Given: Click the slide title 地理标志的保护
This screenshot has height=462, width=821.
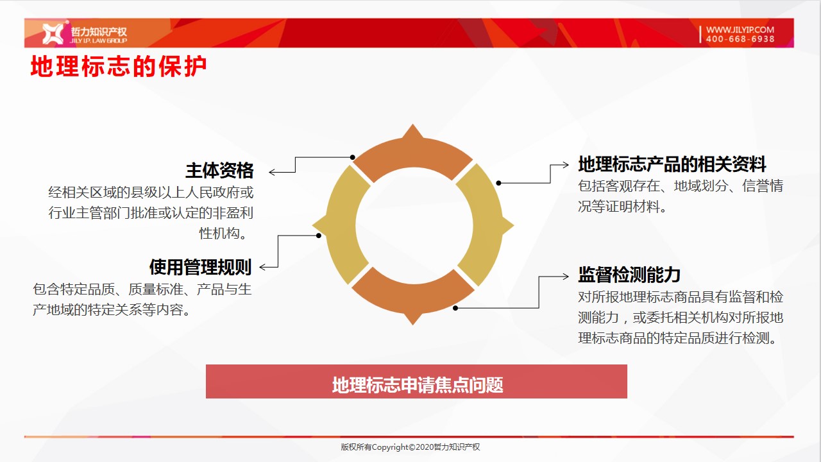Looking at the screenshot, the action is coord(119,66).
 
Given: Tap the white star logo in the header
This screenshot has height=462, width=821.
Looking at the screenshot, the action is coord(53,33).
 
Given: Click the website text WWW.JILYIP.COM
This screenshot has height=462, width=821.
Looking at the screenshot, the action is coord(740,30).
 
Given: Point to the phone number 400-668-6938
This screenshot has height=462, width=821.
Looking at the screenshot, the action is coord(740,39).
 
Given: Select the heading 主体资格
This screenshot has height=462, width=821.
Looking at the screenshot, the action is coord(219,171).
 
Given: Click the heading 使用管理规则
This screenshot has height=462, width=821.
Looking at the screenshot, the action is coord(200,267).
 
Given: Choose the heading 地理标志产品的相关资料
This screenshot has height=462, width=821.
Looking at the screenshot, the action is coord(672,164).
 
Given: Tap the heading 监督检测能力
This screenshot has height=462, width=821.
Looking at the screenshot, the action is coord(629,275).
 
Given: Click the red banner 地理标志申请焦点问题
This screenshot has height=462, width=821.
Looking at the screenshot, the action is coord(416,381).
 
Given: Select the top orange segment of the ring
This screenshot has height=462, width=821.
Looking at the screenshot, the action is coord(413,150).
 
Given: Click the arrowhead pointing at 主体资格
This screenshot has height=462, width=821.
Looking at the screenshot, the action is coord(272,172).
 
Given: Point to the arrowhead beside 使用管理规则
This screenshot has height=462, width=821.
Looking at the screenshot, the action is coord(262,268).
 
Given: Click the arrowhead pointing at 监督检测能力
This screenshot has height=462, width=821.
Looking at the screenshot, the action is coord(566,277).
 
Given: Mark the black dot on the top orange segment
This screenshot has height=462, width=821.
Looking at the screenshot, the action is coord(353,157).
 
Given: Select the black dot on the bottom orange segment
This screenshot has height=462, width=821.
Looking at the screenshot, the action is coord(455,308).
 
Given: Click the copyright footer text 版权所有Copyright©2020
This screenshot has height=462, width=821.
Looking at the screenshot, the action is coord(387,447).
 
